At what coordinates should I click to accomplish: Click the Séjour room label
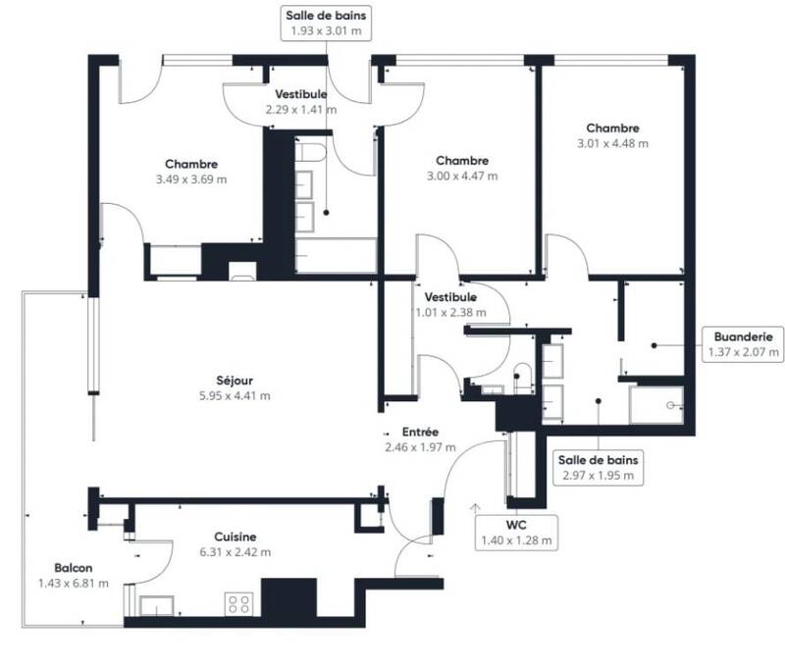click(x=235, y=381)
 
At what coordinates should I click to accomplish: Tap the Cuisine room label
click(x=235, y=537)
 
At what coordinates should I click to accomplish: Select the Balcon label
click(x=73, y=568)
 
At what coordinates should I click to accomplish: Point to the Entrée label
click(x=421, y=432)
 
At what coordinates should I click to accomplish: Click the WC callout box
click(x=516, y=533)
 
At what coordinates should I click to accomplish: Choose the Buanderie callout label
click(x=743, y=344)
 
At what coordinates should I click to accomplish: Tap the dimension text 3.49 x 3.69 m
click(x=191, y=180)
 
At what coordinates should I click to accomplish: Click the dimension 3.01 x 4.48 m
click(x=612, y=143)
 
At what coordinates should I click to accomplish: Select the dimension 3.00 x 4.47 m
click(x=462, y=177)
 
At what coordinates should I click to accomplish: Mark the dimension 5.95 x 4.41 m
click(x=235, y=395)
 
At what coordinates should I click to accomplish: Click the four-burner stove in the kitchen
click(x=238, y=604)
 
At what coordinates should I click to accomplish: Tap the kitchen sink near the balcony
click(x=156, y=606)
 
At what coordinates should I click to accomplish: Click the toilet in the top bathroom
click(x=310, y=152)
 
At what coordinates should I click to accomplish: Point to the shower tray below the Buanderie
click(x=656, y=405)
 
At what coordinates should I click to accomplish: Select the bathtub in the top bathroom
click(x=336, y=255)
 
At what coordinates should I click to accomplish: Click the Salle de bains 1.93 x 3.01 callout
click(x=326, y=23)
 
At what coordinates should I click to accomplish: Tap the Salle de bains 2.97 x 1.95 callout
click(x=599, y=468)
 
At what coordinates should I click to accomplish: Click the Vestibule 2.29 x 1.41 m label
click(x=301, y=102)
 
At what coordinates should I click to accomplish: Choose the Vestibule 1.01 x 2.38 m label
click(x=450, y=305)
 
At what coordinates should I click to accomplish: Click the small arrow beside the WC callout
click(x=475, y=508)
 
